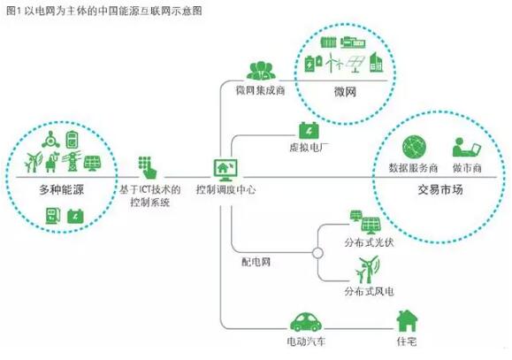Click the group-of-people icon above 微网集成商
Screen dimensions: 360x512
260,71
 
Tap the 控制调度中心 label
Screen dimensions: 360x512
225,190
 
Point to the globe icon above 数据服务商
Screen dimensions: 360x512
412,147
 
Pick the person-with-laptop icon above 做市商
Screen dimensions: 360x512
464,147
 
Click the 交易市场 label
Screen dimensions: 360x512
436,190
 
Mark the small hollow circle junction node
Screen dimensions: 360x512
315,253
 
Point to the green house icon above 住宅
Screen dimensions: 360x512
406,320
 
